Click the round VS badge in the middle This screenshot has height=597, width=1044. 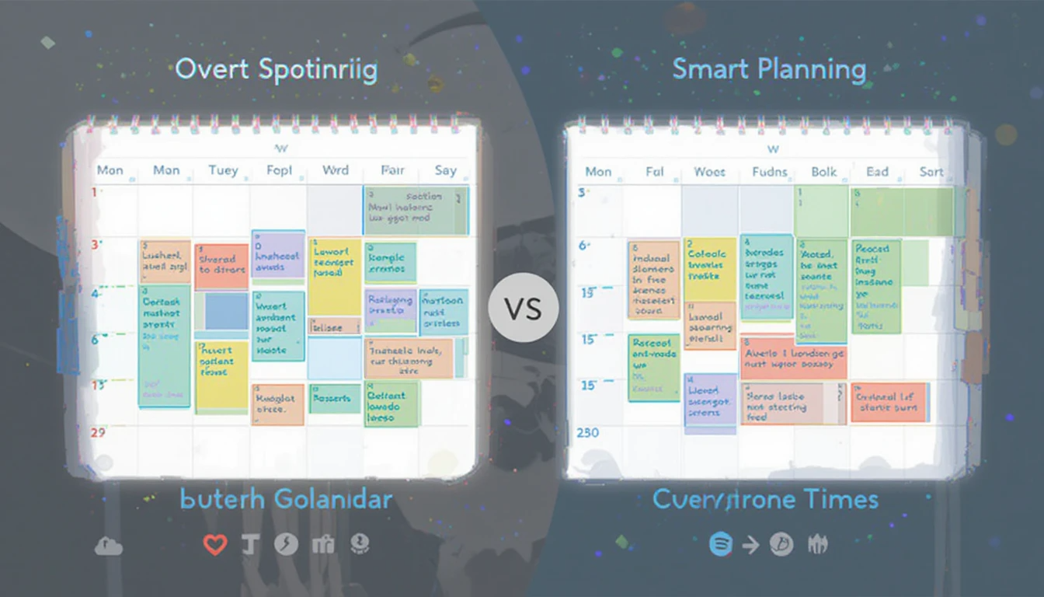pos(523,309)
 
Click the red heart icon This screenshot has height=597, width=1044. pos(215,545)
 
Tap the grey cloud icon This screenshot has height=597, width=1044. pos(108,546)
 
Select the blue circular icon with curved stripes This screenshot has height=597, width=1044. pos(721,545)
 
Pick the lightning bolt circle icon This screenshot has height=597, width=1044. pos(286,545)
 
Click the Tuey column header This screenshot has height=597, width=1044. pos(223,170)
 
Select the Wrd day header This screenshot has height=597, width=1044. pos(335,170)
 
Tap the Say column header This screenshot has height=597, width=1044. pos(446,170)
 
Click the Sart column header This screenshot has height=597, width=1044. pos(931,172)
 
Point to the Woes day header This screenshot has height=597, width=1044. pos(709,172)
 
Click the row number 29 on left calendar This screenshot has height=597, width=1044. pos(98,433)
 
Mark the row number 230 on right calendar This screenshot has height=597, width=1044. pos(587,432)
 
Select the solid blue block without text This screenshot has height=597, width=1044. pos(226,311)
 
